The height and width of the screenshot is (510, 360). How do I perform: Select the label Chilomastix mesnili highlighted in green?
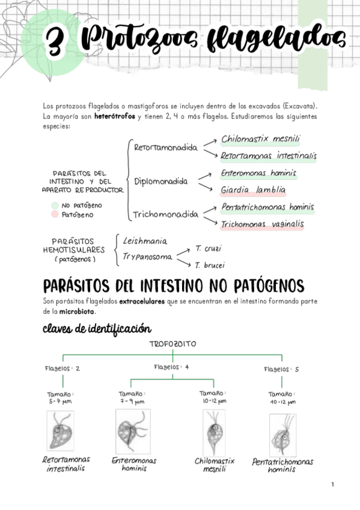tap(260, 140)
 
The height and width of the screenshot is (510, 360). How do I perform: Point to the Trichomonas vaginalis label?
tap(262, 224)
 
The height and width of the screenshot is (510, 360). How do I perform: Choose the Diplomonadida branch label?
tap(160, 181)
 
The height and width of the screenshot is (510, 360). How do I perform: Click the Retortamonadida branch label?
tap(166, 147)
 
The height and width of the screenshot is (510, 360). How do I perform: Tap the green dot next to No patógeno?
tap(55, 205)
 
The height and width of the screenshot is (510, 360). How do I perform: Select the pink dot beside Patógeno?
tap(55, 214)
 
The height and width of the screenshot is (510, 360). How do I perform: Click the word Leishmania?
tap(144, 241)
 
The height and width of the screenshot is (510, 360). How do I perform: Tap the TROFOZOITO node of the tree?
tap(172, 344)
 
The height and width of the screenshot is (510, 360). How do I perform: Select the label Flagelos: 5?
tap(281, 369)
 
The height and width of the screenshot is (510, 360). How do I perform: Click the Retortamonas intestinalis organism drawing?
tap(61, 430)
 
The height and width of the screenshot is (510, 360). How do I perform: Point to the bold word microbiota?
tap(77, 312)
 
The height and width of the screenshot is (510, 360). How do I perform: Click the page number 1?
tap(332, 484)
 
